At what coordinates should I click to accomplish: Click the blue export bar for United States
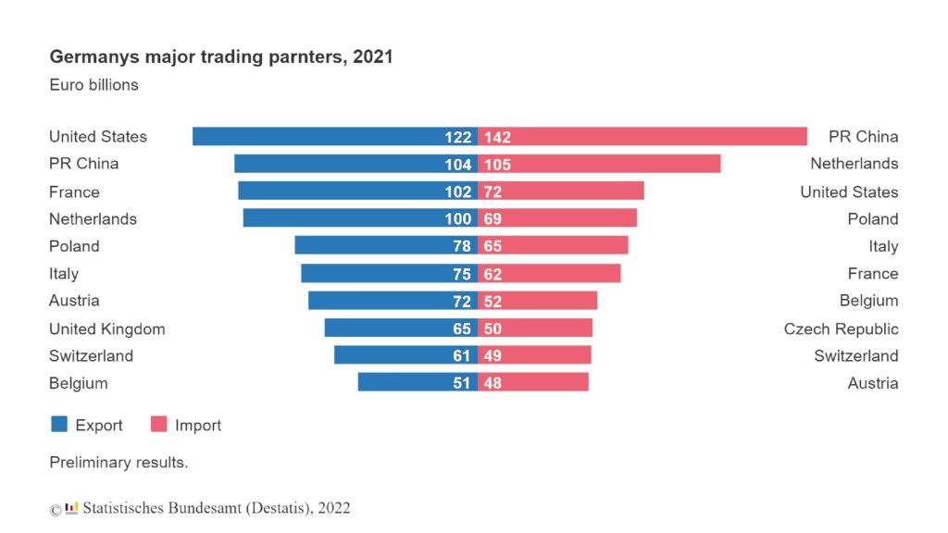[x=315, y=137]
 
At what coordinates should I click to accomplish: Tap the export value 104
[x=457, y=165]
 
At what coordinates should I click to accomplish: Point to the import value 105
[x=497, y=165]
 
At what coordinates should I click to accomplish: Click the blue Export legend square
[x=59, y=425]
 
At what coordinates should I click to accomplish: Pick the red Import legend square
[x=158, y=425]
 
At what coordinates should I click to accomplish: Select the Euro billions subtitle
[x=94, y=85]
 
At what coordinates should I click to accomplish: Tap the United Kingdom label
[x=106, y=328]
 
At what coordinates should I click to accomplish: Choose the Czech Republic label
[x=841, y=328]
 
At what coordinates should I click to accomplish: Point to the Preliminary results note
[x=118, y=462]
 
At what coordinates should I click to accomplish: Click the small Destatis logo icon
[x=71, y=508]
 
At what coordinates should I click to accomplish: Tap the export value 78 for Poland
[x=461, y=246]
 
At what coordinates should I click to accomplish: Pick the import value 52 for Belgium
[x=493, y=301]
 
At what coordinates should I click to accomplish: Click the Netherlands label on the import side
[x=854, y=164]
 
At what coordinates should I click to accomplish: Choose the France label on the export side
[x=74, y=192]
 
